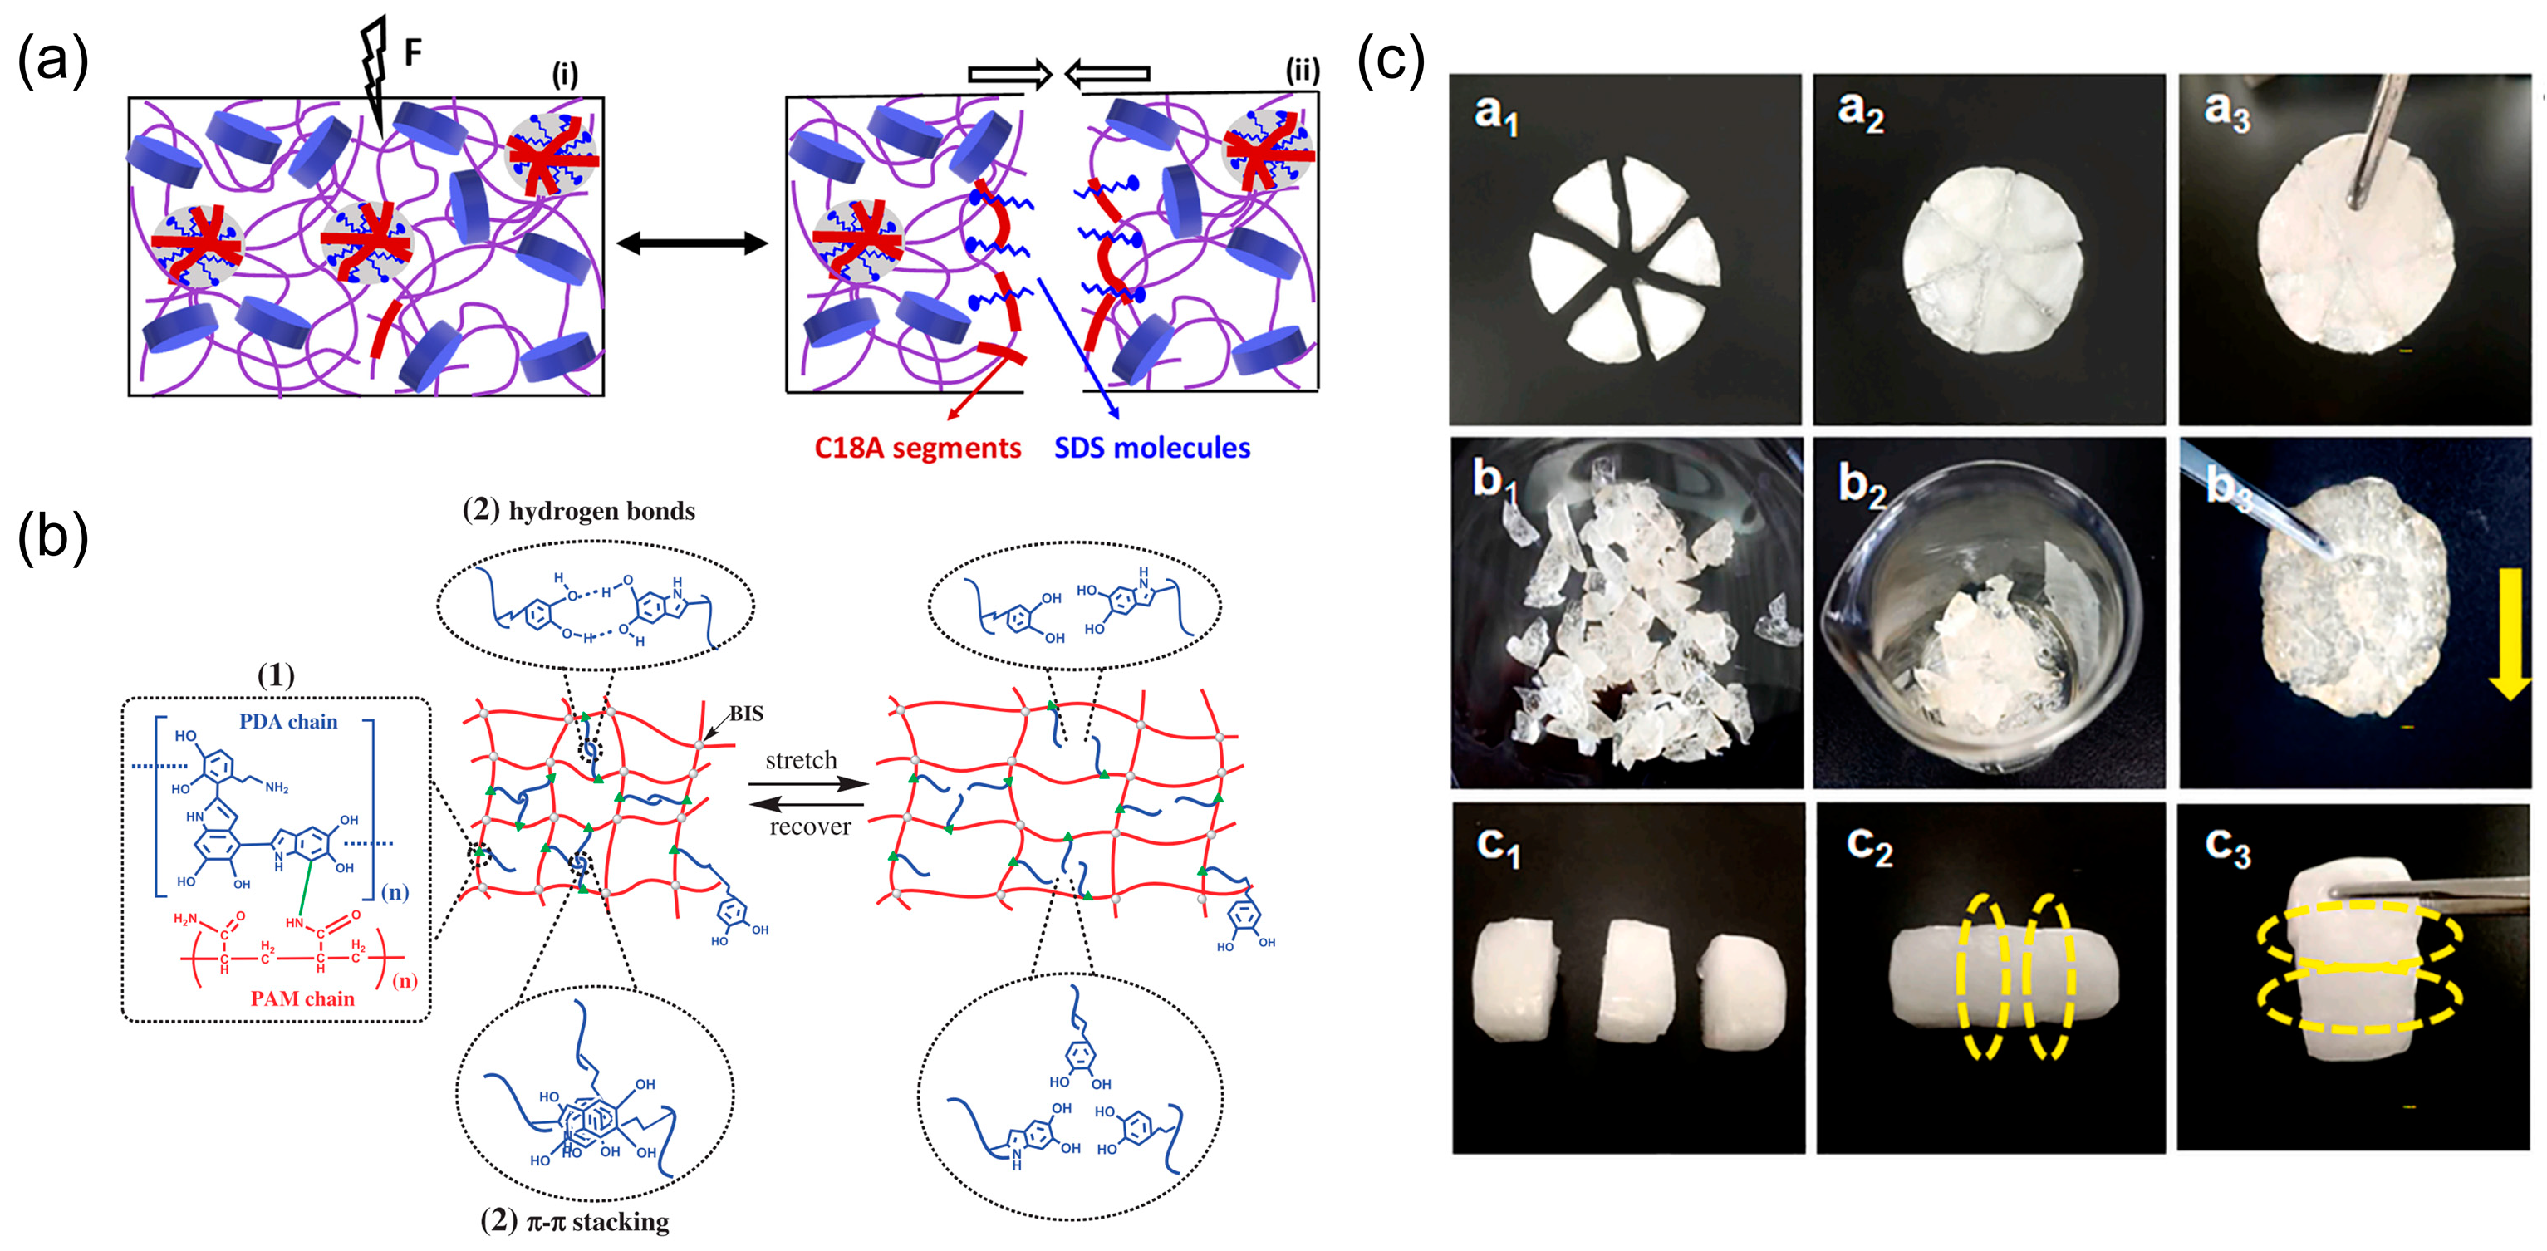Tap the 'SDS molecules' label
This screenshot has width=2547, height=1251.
pos(1152,448)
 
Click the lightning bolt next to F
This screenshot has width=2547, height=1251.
pos(374,69)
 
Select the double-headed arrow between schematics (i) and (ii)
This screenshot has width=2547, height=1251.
pos(691,243)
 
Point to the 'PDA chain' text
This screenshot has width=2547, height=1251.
pos(287,722)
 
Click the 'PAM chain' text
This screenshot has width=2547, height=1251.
pos(302,998)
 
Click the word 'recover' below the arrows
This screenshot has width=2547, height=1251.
pos(810,827)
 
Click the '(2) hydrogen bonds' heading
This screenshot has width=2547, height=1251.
pos(578,511)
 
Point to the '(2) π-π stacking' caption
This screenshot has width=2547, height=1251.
pos(575,1222)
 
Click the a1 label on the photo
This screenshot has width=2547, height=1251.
pos(1495,115)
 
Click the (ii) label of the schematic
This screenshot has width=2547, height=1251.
pos(1301,71)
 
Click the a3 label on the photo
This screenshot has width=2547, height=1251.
pos(2226,113)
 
